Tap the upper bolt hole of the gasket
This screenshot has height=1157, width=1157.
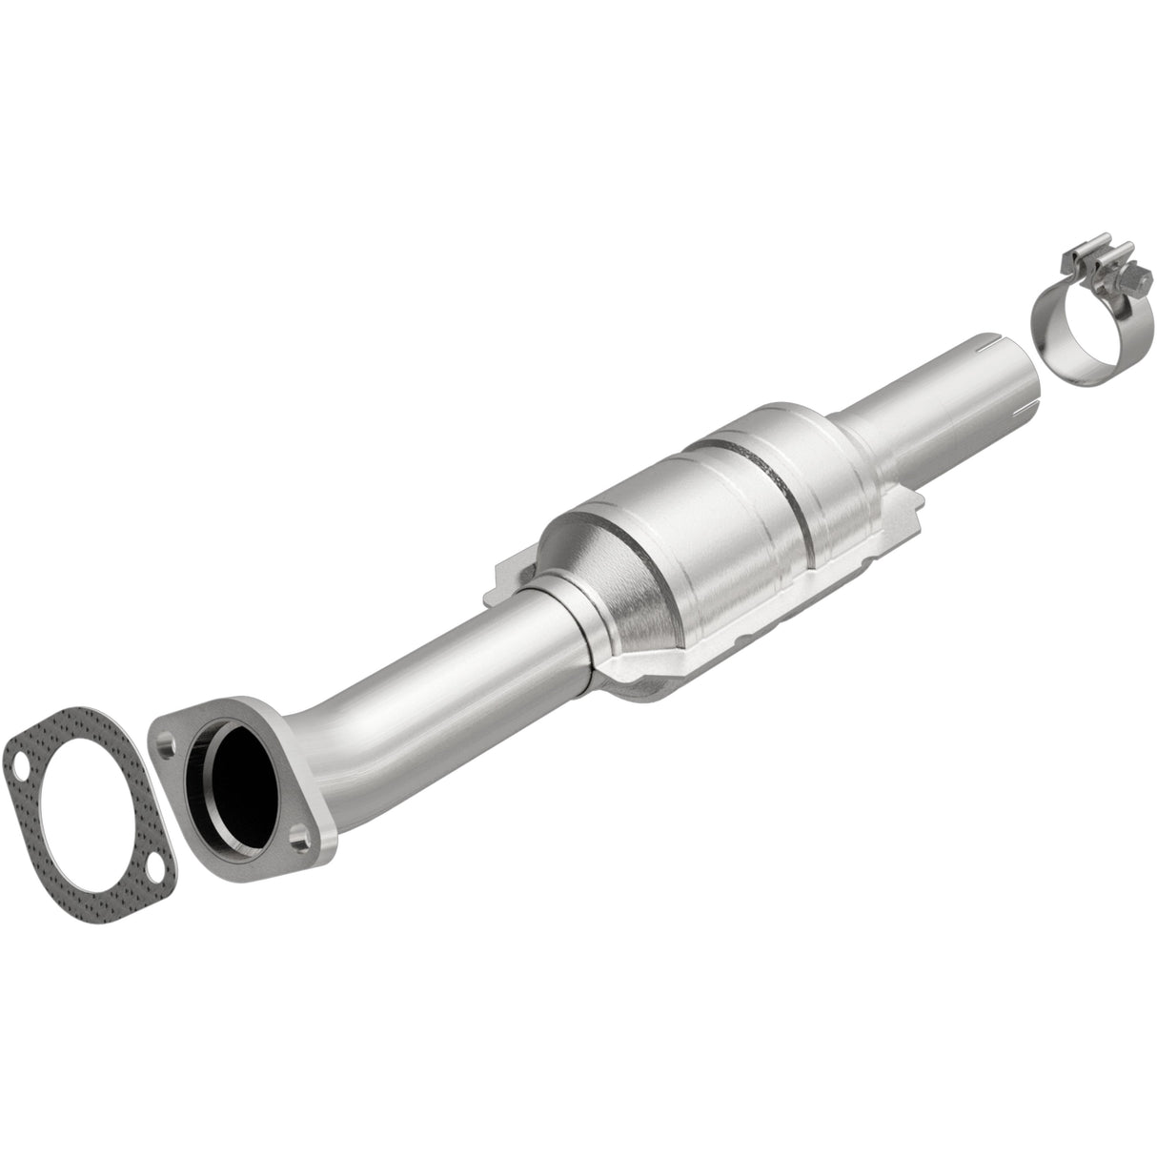pyautogui.click(x=20, y=762)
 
